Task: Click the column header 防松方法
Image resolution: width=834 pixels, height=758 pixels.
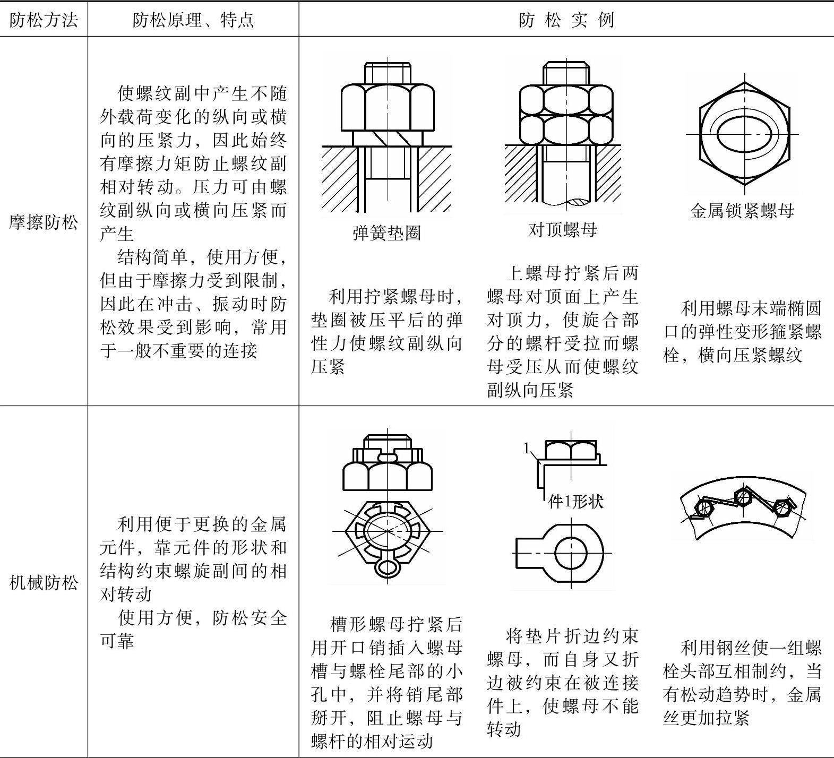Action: tap(44, 20)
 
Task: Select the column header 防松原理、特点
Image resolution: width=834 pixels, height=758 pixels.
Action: tap(193, 20)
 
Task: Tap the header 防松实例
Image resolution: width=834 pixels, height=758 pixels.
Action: tap(566, 20)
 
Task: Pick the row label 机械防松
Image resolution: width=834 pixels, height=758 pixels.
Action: tap(44, 583)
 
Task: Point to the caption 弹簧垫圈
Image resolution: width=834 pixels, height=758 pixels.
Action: tap(386, 232)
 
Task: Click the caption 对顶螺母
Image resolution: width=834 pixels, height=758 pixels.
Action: tap(563, 229)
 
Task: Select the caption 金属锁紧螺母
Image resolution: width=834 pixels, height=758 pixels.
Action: tap(742, 211)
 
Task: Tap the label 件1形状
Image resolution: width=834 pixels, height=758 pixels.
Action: tap(575, 501)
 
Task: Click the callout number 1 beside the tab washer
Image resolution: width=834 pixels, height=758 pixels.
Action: tap(527, 449)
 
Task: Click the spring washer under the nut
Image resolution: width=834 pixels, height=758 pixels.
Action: tap(388, 137)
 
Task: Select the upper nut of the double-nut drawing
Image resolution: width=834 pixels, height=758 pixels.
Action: tap(566, 99)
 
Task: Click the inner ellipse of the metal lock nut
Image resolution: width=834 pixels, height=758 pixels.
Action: tap(743, 133)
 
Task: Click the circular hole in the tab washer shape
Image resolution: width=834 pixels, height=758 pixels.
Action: tap(572, 553)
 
